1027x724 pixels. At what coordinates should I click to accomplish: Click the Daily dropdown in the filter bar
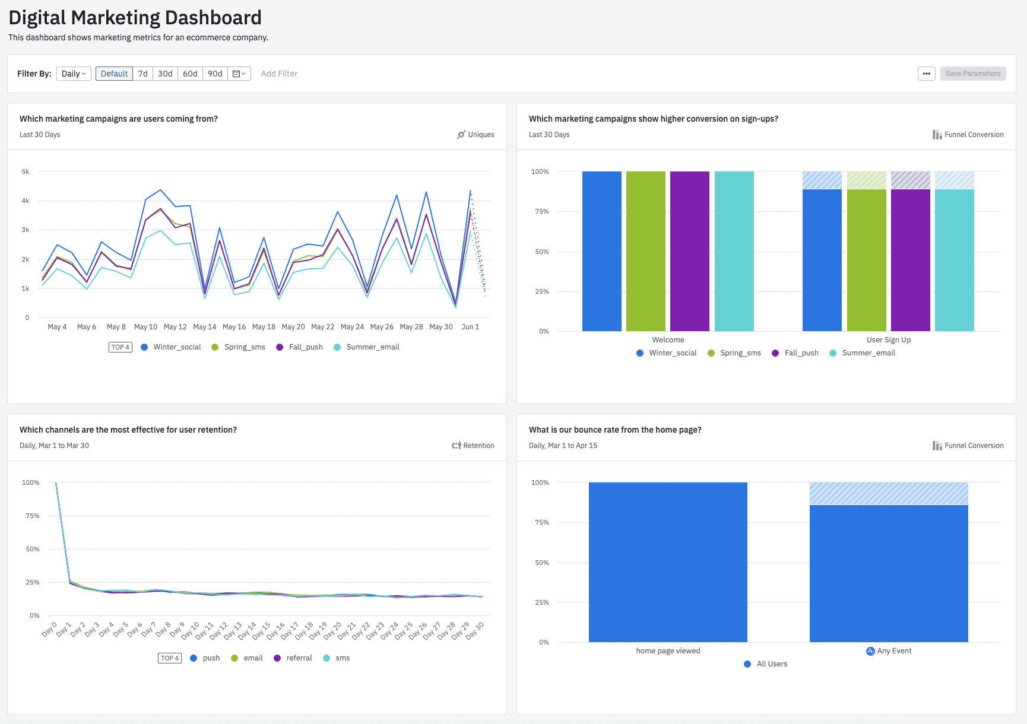(x=74, y=74)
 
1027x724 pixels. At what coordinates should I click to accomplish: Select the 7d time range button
(x=142, y=74)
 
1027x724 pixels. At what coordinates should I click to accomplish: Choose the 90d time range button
(x=215, y=74)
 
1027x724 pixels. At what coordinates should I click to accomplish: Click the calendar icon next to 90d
(x=239, y=74)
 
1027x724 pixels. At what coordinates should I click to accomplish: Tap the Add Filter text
(x=279, y=74)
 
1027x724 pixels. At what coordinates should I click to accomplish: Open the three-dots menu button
(x=926, y=74)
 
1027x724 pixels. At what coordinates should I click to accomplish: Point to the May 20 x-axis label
(x=293, y=327)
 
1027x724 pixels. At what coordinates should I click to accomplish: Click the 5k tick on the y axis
(x=26, y=172)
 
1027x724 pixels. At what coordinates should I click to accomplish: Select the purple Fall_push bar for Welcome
(x=689, y=251)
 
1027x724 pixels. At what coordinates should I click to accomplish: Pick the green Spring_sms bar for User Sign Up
(x=866, y=260)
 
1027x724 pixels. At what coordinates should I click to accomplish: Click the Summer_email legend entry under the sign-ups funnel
(x=868, y=353)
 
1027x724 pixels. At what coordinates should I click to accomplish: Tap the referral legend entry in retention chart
(x=299, y=658)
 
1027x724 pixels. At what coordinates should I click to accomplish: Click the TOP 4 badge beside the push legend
(x=169, y=658)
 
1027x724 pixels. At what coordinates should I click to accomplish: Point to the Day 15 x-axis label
(x=262, y=630)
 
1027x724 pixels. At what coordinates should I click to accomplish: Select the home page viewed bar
(x=668, y=562)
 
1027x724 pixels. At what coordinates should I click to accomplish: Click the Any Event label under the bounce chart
(x=893, y=651)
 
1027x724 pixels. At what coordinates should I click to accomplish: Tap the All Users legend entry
(x=771, y=664)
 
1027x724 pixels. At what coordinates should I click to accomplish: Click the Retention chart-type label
(x=478, y=446)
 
